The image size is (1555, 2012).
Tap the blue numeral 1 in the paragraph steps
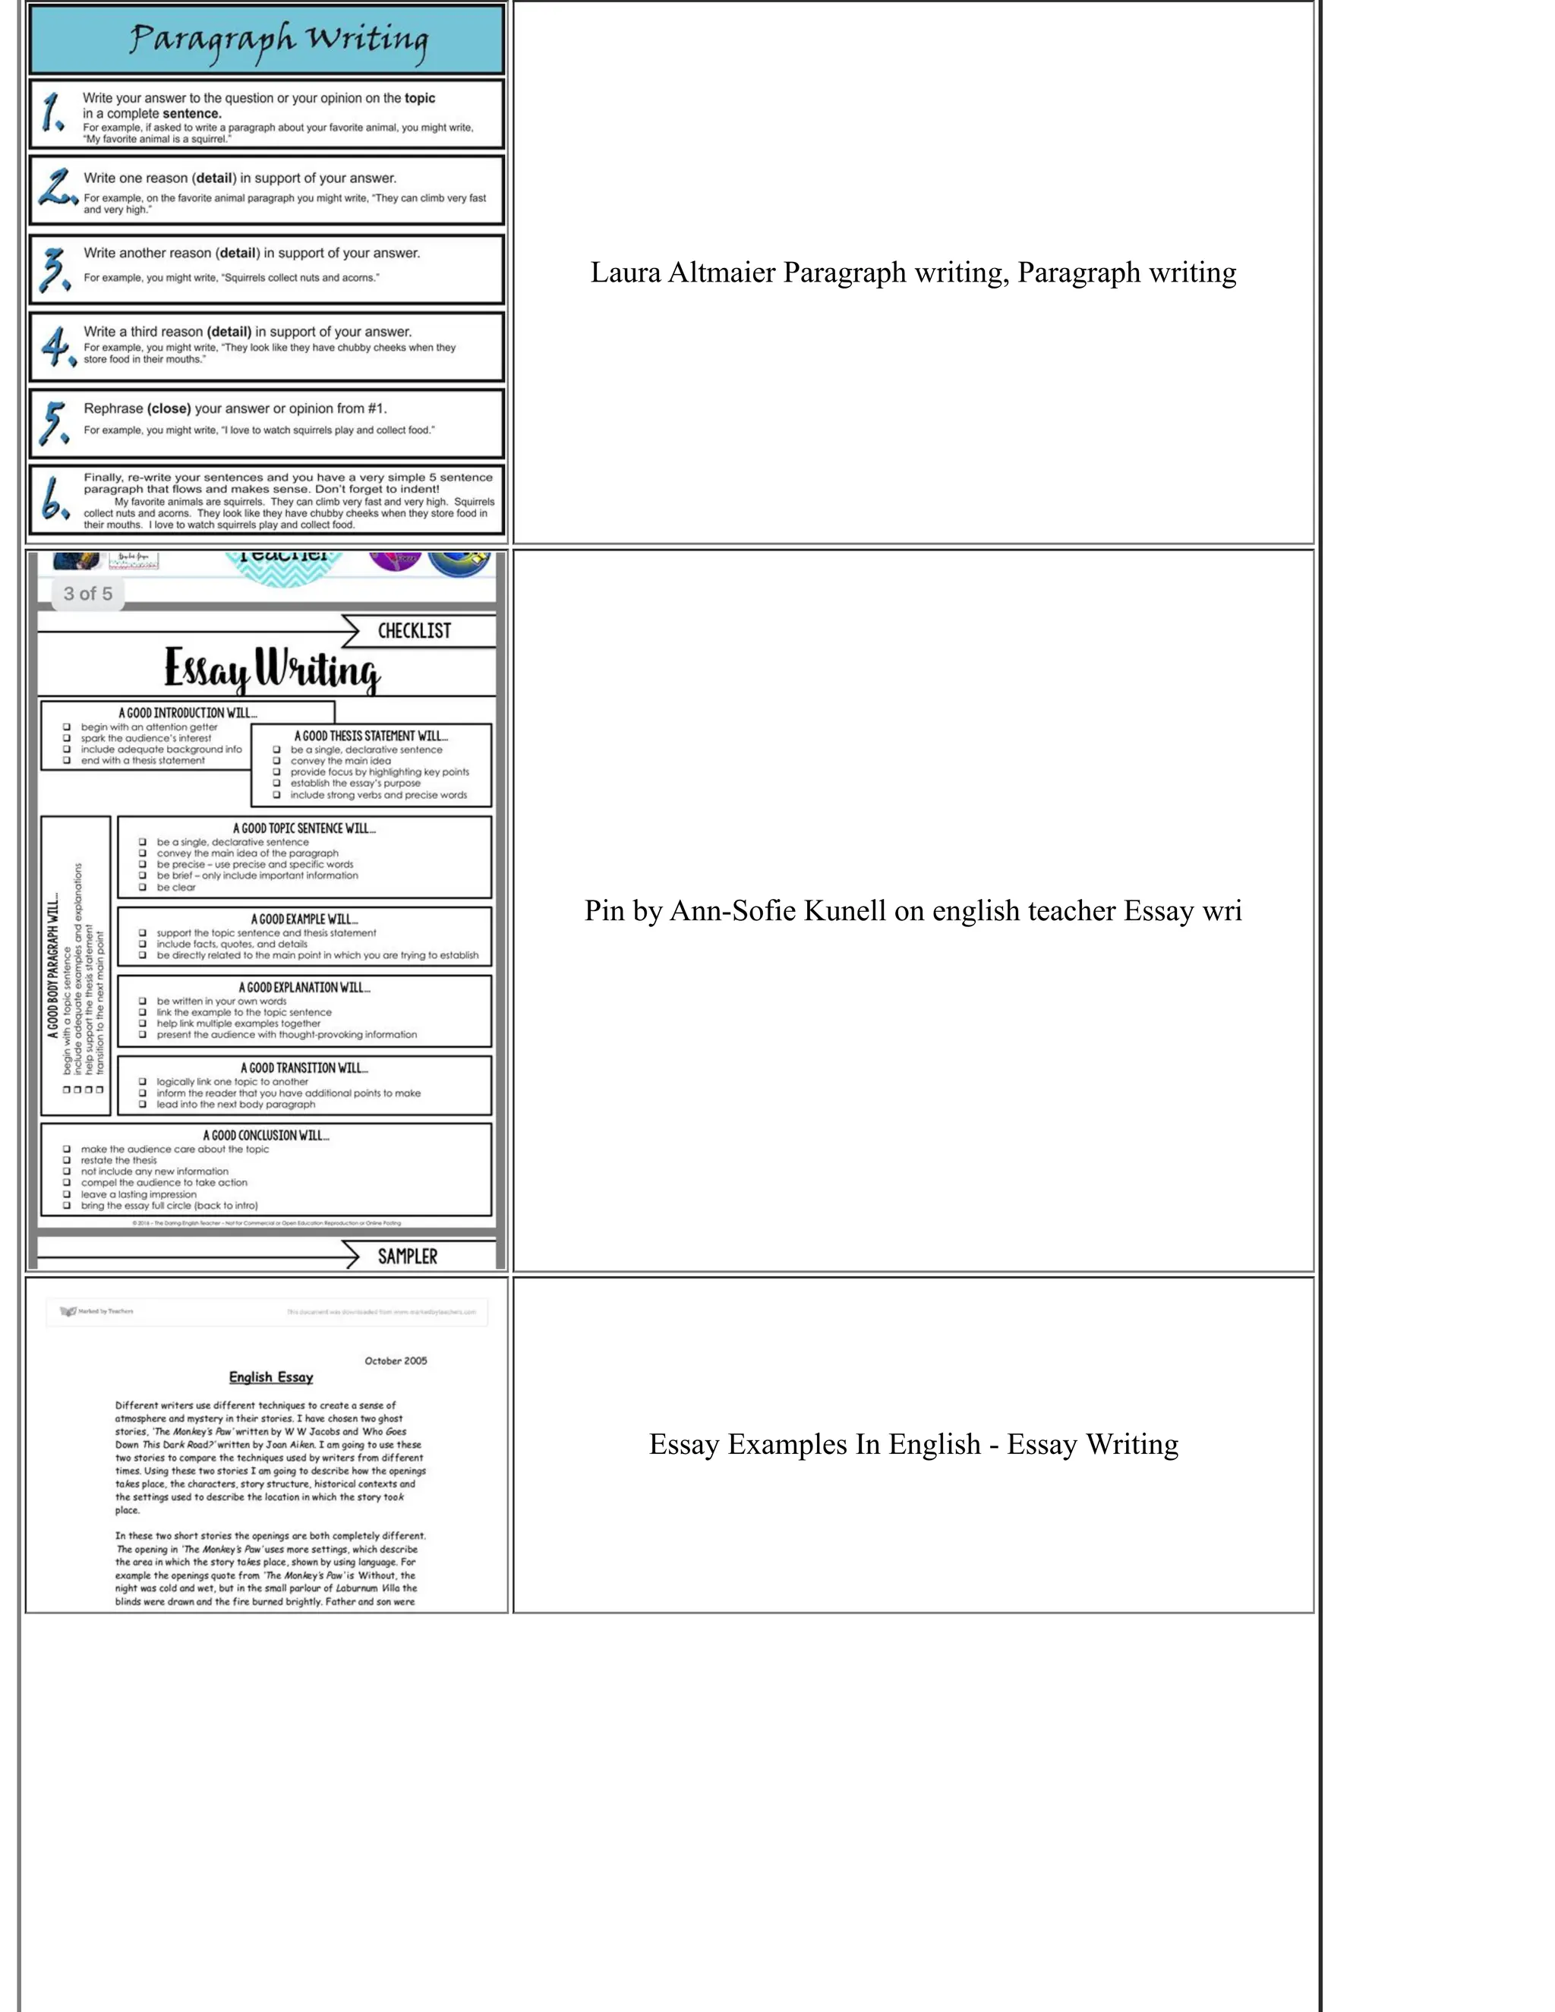point(52,113)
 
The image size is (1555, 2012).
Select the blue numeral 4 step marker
point(56,347)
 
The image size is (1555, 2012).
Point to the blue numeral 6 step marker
point(53,500)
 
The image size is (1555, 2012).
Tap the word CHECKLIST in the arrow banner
point(414,631)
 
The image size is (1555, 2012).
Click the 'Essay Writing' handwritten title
point(272,670)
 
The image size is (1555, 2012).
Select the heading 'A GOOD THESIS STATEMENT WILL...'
point(371,736)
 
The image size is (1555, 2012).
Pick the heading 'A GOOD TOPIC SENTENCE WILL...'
point(304,828)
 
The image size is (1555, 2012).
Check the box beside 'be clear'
point(143,887)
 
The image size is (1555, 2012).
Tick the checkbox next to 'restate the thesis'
point(66,1161)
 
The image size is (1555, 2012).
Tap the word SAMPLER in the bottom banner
point(407,1257)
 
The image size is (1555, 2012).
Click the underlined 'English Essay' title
point(271,1377)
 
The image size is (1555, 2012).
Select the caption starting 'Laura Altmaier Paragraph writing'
point(912,273)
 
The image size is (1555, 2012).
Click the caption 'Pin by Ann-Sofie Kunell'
point(912,911)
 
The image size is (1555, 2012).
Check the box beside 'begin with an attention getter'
point(66,727)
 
